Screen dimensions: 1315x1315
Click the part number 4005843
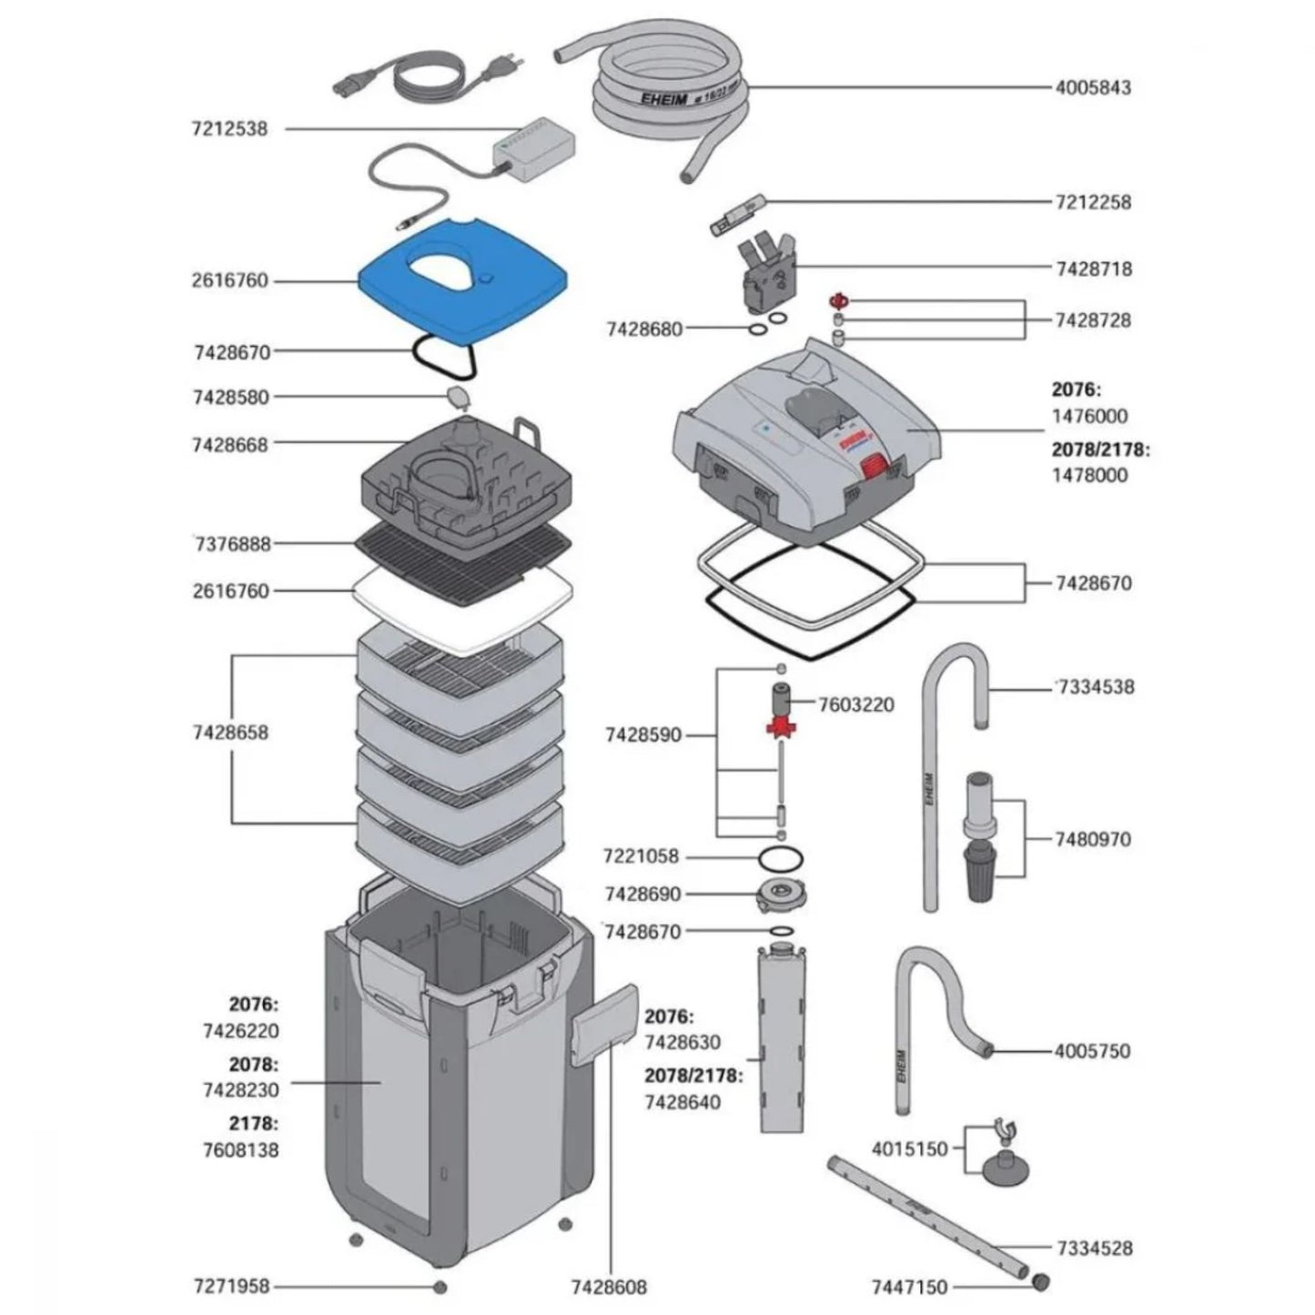[1093, 88]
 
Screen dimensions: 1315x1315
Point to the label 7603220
[855, 704]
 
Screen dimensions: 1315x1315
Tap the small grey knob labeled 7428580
[457, 397]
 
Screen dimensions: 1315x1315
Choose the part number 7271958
[231, 1287]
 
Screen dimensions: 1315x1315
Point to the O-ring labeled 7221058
[780, 857]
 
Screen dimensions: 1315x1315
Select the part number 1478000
[1089, 475]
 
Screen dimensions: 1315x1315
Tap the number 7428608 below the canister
[609, 1287]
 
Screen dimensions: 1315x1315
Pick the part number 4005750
[1092, 1051]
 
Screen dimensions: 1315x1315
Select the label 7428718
[1094, 268]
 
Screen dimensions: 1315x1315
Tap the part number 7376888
[231, 543]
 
